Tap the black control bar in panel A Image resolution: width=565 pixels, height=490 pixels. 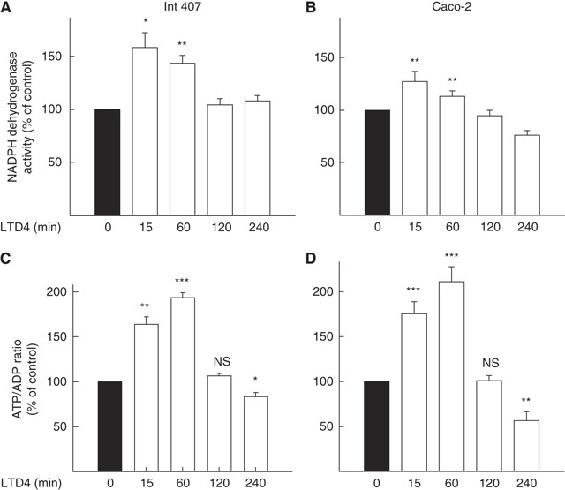point(109,162)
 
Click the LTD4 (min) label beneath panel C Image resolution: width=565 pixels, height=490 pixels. point(33,483)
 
